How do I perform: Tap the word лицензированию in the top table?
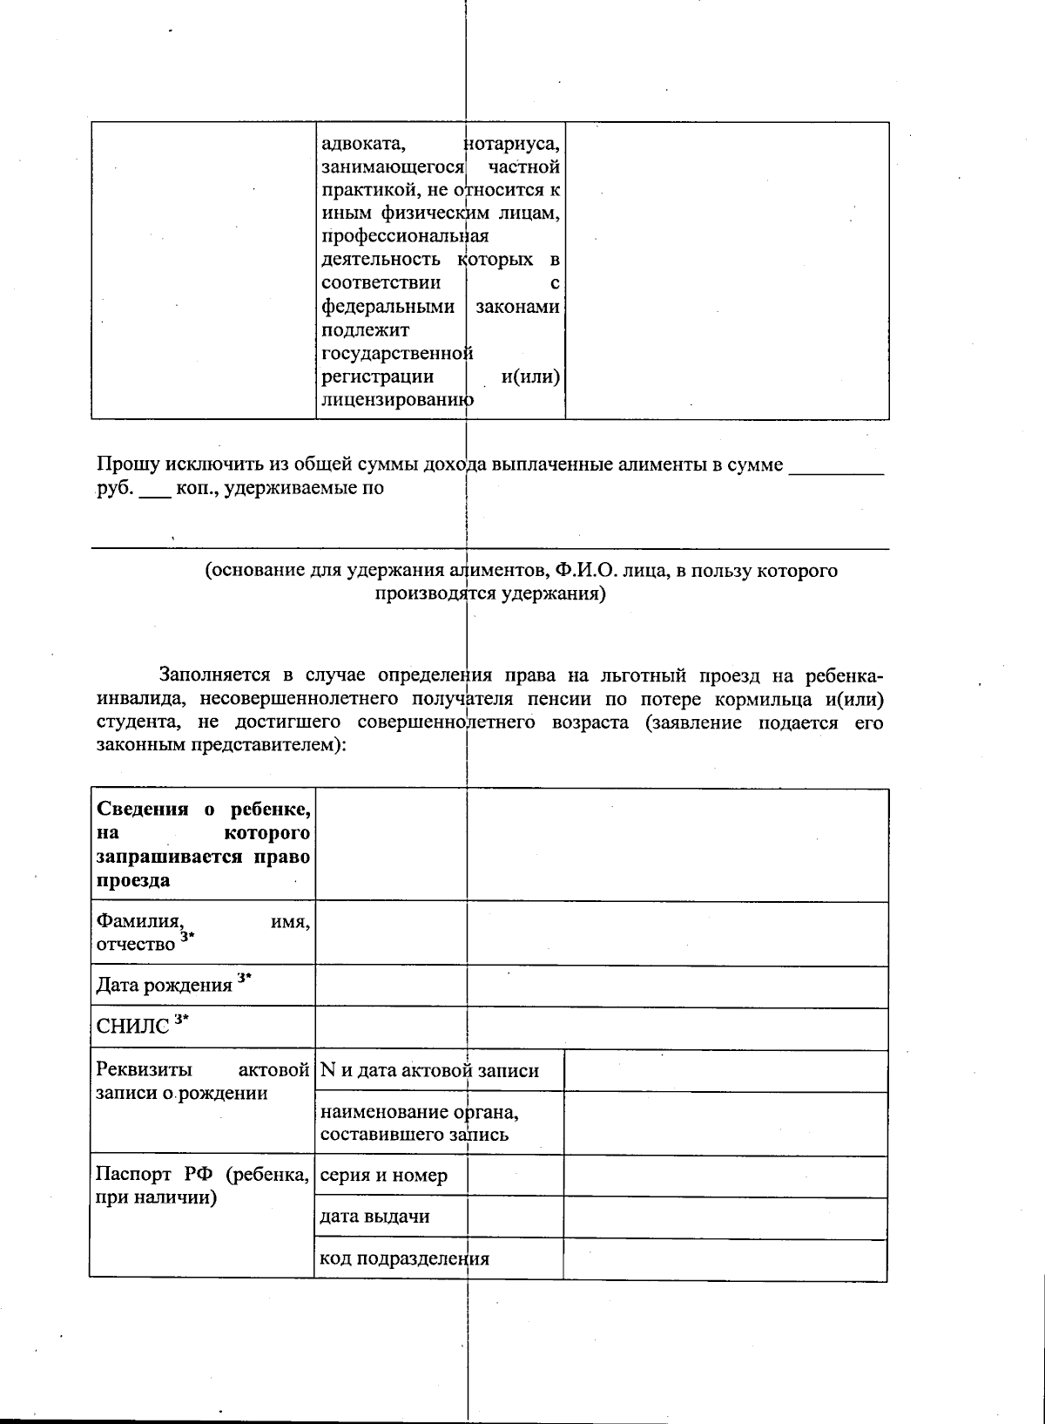397,401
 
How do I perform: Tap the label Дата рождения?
164,986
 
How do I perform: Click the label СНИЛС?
132,1027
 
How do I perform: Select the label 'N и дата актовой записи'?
429,1071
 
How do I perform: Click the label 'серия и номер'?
383,1176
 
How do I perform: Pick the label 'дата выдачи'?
374,1217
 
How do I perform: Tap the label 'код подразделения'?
404,1258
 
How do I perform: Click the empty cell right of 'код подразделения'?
725,1259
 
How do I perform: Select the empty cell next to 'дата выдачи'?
725,1217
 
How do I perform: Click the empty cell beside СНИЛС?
601,1028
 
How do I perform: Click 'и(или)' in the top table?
530,377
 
